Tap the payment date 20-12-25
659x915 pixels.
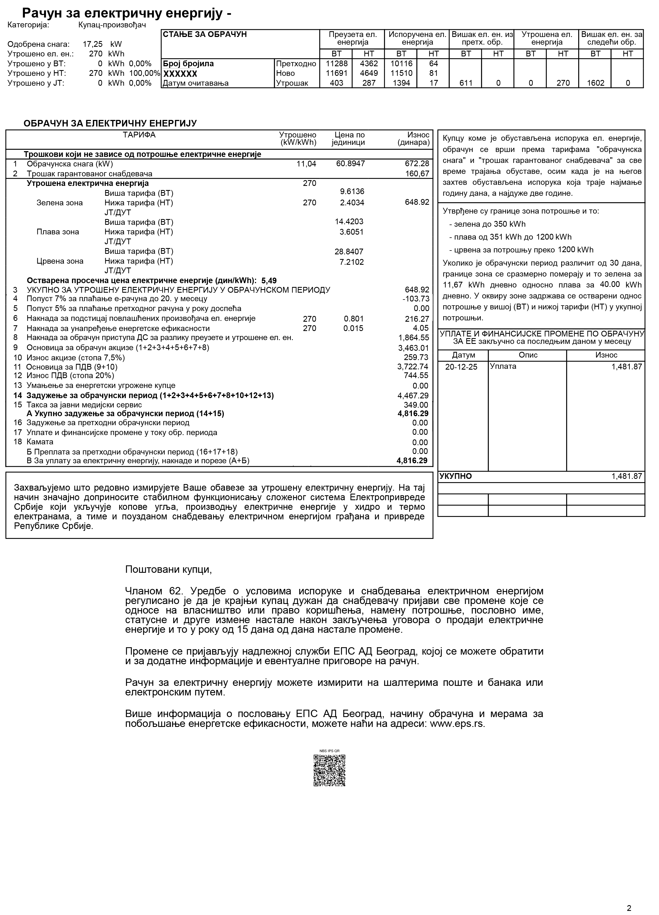click(x=461, y=367)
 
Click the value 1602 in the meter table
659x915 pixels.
click(x=595, y=83)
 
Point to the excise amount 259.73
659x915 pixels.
click(x=416, y=358)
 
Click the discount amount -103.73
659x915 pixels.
click(x=416, y=299)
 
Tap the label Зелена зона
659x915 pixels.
click(x=60, y=203)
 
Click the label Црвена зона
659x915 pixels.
click(x=60, y=261)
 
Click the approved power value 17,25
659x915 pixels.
click(x=93, y=44)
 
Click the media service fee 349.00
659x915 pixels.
click(x=416, y=405)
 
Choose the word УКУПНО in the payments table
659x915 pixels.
click(x=455, y=476)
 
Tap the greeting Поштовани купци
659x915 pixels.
click(x=168, y=570)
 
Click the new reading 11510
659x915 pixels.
click(x=401, y=73)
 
